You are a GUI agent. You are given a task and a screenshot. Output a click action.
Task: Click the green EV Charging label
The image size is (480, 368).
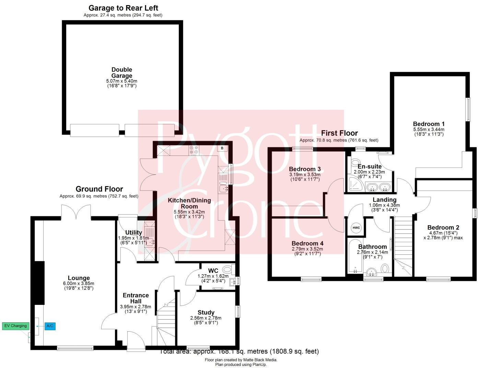pyautogui.click(x=16, y=326)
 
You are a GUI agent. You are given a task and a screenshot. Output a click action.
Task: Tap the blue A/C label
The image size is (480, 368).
pyautogui.click(x=50, y=326)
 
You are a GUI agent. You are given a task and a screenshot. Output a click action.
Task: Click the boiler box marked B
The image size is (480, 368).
pyautogui.click(x=222, y=148)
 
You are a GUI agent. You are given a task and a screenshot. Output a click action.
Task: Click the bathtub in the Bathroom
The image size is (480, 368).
pyautogui.click(x=353, y=257)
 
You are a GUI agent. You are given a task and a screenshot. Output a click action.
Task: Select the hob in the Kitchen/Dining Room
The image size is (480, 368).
pyautogui.click(x=194, y=150)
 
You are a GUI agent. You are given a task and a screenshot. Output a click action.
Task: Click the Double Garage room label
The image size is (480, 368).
pyautogui.click(x=122, y=73)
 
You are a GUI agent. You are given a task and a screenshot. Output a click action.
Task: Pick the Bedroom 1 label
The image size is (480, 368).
pyautogui.click(x=429, y=124)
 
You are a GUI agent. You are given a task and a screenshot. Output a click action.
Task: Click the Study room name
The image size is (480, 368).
pyautogui.click(x=206, y=312)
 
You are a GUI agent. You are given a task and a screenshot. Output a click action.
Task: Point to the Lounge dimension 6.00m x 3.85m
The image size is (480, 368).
pyautogui.click(x=79, y=284)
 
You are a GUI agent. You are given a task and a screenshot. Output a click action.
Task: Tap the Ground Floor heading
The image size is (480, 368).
pyautogui.click(x=99, y=189)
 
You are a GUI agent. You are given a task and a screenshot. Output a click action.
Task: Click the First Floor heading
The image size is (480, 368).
pyautogui.click(x=339, y=133)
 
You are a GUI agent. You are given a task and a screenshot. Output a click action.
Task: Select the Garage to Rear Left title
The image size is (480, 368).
pyautogui.click(x=123, y=8)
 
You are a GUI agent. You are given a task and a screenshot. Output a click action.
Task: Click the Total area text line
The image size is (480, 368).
pyautogui.click(x=239, y=351)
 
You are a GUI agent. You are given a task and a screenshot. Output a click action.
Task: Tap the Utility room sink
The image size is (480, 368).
pyautogui.click(x=150, y=242)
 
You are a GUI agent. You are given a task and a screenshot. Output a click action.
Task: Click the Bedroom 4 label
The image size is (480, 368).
pyautogui.click(x=307, y=243)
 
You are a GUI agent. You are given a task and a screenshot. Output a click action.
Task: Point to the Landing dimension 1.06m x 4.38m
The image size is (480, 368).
pyautogui.click(x=384, y=205)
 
